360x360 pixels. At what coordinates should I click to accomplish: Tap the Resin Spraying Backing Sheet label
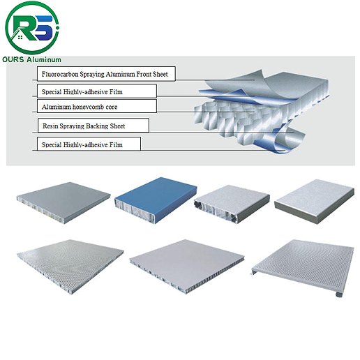(x=92, y=126)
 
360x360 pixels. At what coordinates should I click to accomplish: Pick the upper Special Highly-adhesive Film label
(x=96, y=90)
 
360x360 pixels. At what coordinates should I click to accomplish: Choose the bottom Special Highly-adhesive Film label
(x=89, y=144)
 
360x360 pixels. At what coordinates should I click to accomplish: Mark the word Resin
(x=50, y=126)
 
